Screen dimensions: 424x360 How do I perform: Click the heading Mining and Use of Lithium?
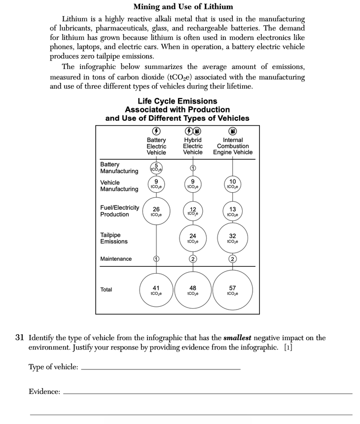pyautogui.click(x=183, y=7)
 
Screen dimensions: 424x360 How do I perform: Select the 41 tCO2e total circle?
pyautogui.click(x=156, y=290)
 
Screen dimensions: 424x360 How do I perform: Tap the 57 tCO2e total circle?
pyautogui.click(x=232, y=290)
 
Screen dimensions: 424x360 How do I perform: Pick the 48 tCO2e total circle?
pyautogui.click(x=193, y=290)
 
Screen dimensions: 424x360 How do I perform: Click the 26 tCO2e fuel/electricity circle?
pyautogui.click(x=156, y=212)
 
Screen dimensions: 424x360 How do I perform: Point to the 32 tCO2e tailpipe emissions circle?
pyautogui.click(x=232, y=239)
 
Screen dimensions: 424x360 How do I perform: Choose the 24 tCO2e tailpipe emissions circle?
pyautogui.click(x=193, y=239)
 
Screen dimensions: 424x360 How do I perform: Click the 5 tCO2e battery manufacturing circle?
pyautogui.click(x=156, y=168)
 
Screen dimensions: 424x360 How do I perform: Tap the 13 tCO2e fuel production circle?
pyautogui.click(x=232, y=212)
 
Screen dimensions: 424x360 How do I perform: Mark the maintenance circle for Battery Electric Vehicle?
pyautogui.click(x=156, y=259)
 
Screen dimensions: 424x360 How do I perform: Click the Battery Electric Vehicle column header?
pyautogui.click(x=156, y=146)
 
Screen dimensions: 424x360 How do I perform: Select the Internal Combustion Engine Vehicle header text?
pyautogui.click(x=233, y=146)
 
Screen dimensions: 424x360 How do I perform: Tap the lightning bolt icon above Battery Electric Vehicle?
pyautogui.click(x=156, y=131)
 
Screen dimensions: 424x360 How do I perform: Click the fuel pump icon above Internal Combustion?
pyautogui.click(x=233, y=131)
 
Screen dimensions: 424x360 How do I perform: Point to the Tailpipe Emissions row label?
pyautogui.click(x=114, y=238)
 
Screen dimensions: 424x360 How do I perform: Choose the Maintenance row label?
pyautogui.click(x=116, y=259)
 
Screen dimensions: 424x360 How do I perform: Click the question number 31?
pyautogui.click(x=20, y=338)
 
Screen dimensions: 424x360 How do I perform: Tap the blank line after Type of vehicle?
pyautogui.click(x=161, y=369)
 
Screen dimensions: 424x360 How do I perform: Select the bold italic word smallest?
pyautogui.click(x=239, y=338)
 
